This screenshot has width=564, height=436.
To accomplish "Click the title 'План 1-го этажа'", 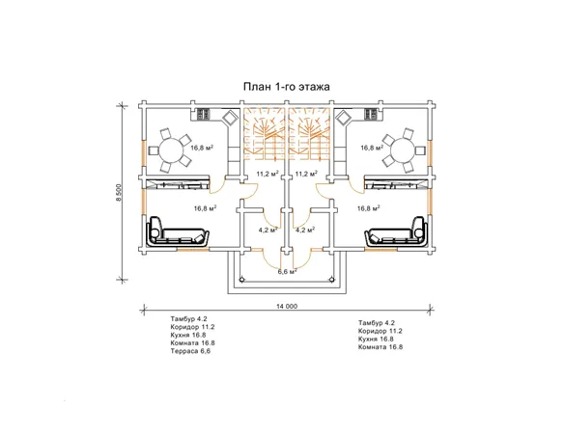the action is [286, 87].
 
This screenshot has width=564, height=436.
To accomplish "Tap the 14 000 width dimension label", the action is [287, 307].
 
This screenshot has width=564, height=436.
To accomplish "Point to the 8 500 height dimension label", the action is [120, 193].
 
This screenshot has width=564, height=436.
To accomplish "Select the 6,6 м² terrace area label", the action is [287, 272].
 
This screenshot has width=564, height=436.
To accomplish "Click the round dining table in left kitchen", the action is [171, 150].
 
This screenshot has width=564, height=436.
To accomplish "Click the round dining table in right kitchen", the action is [404, 150].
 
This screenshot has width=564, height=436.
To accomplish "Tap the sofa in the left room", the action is [178, 232].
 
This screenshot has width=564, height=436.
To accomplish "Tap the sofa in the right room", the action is [397, 232].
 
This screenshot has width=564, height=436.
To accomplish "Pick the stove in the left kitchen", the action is [202, 114].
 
